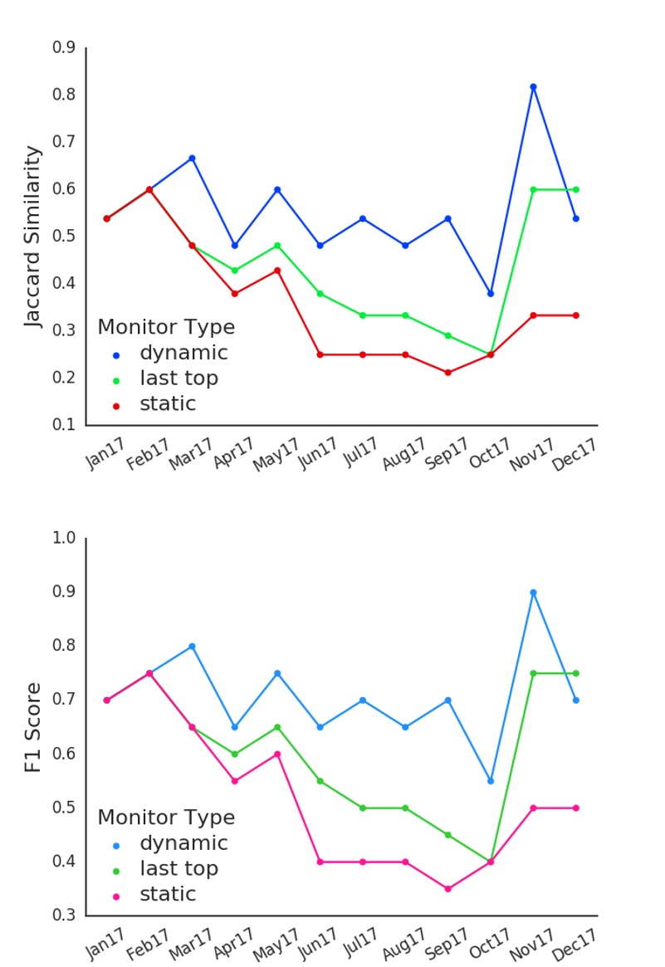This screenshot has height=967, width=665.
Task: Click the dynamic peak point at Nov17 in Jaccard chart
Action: [x=533, y=86]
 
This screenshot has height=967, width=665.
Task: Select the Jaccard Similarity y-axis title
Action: [x=32, y=237]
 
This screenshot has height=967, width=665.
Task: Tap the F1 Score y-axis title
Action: [x=32, y=728]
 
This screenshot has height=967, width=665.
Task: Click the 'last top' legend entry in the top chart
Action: [x=178, y=378]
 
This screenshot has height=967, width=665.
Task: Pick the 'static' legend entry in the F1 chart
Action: [x=168, y=895]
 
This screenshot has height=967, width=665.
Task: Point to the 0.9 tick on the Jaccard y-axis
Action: [x=64, y=48]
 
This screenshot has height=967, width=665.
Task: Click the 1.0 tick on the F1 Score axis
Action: [x=64, y=538]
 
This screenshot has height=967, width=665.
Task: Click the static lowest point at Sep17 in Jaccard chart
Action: [x=447, y=373]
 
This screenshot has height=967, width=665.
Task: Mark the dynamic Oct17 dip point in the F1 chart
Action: [x=491, y=781]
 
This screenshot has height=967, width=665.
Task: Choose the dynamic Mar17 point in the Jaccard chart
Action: [x=192, y=158]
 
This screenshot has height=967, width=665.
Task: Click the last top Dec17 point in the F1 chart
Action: [x=575, y=673]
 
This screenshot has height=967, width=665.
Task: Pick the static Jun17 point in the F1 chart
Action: [x=320, y=862]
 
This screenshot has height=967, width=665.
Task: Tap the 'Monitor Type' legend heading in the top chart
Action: [x=166, y=327]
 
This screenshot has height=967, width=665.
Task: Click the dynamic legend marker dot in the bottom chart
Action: [x=115, y=845]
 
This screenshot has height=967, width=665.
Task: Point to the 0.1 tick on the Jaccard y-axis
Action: [x=64, y=425]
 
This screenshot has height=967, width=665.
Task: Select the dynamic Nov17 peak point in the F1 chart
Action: [x=533, y=593]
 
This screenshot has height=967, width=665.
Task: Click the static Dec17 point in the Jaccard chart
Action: [x=575, y=315]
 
